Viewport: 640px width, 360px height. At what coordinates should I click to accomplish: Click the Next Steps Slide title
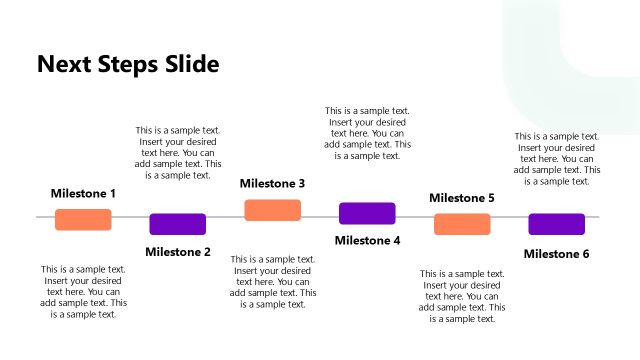click(x=128, y=65)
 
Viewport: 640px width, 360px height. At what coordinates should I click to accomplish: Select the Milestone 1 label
click(x=83, y=193)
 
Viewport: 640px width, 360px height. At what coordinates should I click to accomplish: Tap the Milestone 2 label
click(x=178, y=252)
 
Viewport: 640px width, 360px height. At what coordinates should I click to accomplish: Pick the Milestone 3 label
click(x=272, y=184)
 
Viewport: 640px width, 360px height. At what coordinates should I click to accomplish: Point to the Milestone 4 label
click(x=367, y=241)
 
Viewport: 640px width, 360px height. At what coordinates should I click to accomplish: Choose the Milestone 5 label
click(x=462, y=198)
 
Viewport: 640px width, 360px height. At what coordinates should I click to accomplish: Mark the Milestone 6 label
click(x=556, y=254)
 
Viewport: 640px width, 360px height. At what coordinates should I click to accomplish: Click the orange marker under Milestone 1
click(x=83, y=220)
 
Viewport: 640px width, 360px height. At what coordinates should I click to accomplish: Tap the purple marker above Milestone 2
click(x=178, y=224)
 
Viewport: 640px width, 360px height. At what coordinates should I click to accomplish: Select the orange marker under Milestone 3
click(x=273, y=210)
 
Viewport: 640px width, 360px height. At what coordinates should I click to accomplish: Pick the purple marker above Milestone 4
click(x=367, y=213)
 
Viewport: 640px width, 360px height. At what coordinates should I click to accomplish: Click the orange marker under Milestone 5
click(x=462, y=224)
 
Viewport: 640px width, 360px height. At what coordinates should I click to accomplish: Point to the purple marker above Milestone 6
click(x=556, y=224)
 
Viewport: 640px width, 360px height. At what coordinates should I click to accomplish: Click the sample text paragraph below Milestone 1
click(x=83, y=292)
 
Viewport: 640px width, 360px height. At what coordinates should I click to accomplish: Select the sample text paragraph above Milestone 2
click(x=178, y=153)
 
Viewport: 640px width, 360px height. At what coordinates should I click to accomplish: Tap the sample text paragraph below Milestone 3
click(x=273, y=281)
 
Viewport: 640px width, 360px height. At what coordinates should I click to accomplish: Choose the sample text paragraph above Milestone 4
click(x=367, y=133)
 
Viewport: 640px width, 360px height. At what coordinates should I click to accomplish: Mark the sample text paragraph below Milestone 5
click(x=462, y=296)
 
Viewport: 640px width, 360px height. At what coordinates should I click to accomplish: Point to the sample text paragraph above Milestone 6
click(x=557, y=159)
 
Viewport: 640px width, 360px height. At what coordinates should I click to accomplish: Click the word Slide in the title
click(x=186, y=65)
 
